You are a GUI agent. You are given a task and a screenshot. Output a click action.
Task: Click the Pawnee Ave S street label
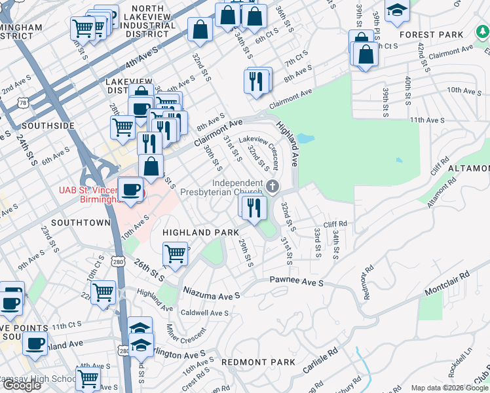click(x=297, y=282)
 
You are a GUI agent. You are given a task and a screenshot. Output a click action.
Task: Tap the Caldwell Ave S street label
click(x=204, y=313)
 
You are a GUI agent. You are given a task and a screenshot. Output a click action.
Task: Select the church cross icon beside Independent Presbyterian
click(x=273, y=187)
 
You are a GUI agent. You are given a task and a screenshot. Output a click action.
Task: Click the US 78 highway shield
click(x=24, y=103)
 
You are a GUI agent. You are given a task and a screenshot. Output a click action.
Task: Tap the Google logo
click(x=21, y=385)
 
